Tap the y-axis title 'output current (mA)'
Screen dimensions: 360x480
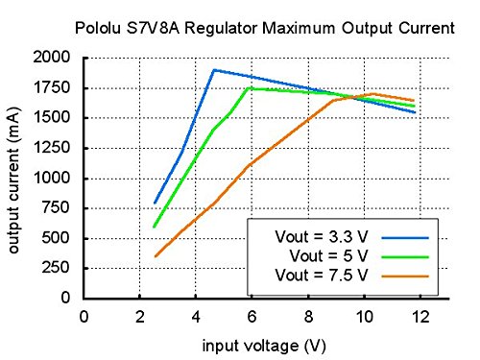pos(16,179)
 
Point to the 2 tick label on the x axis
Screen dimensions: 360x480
pos(140,315)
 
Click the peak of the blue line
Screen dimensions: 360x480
pos(213,70)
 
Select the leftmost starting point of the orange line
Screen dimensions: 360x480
pos(155,256)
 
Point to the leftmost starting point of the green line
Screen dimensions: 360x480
pos(155,227)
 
